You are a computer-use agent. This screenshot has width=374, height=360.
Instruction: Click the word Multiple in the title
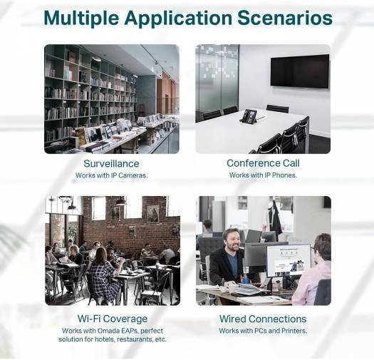[x=81, y=18]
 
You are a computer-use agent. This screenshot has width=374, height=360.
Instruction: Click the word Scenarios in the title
[x=285, y=18]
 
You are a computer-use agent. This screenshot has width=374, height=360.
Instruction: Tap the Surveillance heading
[x=111, y=163]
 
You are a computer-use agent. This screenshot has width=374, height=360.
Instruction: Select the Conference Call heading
[x=263, y=163]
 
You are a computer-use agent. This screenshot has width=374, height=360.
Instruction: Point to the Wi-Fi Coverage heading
[x=113, y=319]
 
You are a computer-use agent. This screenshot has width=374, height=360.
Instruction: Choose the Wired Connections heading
[x=263, y=319]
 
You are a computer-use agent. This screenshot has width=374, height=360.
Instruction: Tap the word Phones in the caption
[x=284, y=175]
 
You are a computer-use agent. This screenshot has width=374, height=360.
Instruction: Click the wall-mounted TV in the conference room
[x=300, y=71]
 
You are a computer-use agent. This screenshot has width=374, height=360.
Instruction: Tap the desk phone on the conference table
[x=248, y=116]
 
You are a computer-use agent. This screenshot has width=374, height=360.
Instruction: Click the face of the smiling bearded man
[x=232, y=240]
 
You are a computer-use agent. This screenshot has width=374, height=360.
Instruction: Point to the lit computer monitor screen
[x=289, y=260]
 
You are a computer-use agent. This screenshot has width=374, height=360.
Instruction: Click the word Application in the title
[x=178, y=19]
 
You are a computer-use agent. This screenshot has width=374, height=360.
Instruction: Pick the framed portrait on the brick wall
[x=152, y=213]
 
